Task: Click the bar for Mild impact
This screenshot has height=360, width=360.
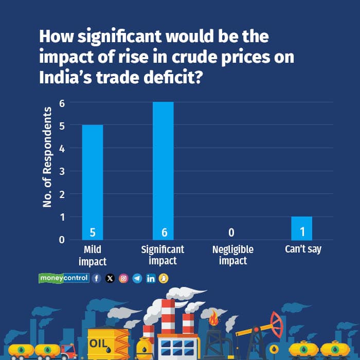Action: pyautogui.click(x=93, y=182)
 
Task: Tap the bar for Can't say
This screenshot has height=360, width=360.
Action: pyautogui.click(x=302, y=228)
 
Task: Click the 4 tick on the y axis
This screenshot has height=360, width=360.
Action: pyautogui.click(x=61, y=148)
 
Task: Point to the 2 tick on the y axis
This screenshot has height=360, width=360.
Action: pyautogui.click(x=61, y=194)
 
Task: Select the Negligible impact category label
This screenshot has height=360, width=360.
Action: pyautogui.click(x=233, y=255)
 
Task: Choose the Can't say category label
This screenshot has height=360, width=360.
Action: pyautogui.click(x=303, y=249)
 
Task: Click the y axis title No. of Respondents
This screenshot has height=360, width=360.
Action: pyautogui.click(x=48, y=157)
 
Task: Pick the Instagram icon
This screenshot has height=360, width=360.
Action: pyautogui.click(x=123, y=278)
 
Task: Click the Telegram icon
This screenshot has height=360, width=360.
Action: pyautogui.click(x=137, y=278)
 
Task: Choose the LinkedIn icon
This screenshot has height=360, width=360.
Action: pyautogui.click(x=151, y=278)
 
